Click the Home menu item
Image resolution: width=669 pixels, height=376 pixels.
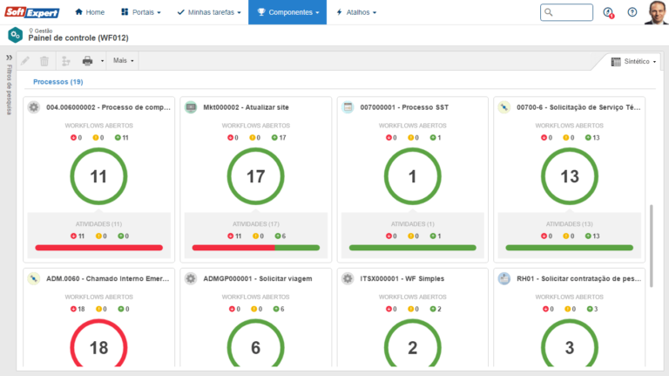click(90, 12)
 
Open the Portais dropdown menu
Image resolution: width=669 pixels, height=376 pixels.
click(140, 12)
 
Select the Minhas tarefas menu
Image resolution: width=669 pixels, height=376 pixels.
click(211, 12)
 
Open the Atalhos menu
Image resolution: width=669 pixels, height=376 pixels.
click(356, 12)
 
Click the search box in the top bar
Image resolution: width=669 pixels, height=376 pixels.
click(566, 12)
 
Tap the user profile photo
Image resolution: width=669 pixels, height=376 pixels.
click(656, 12)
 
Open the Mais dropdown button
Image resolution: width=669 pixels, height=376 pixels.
click(124, 60)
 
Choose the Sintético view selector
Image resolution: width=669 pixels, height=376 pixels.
click(634, 62)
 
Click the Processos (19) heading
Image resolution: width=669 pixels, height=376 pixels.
click(58, 81)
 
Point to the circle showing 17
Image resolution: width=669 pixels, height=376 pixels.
click(255, 176)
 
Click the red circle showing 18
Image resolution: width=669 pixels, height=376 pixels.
click(98, 347)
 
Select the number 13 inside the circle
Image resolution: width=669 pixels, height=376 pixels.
click(569, 176)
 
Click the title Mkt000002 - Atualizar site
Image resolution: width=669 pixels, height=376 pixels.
click(246, 107)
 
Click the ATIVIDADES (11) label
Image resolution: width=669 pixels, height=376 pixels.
click(98, 224)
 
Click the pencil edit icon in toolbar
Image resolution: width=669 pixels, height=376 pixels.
click(25, 60)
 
